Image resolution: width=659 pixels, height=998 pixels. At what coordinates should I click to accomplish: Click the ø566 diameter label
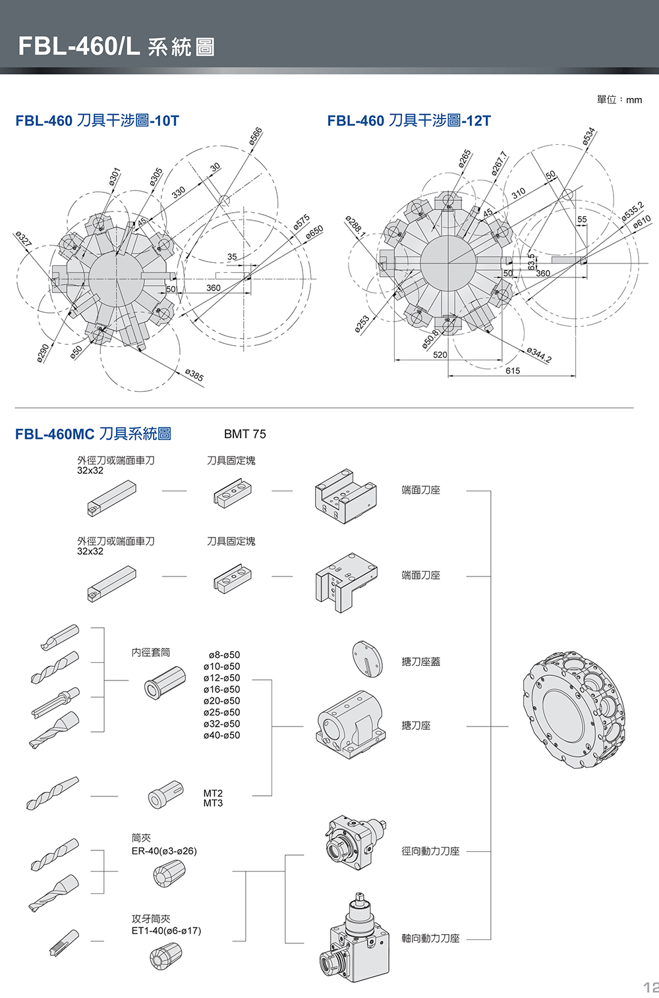coord(256,136)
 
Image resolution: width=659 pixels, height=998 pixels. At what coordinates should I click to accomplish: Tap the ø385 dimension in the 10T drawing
coord(194,375)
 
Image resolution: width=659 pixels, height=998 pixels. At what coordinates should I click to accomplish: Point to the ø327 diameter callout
coord(24,239)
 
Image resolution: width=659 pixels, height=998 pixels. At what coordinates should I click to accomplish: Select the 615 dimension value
coord(513,371)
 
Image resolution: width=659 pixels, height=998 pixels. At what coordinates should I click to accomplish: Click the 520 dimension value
coord(440,355)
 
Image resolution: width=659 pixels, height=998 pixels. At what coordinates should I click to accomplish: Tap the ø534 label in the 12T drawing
coord(589,136)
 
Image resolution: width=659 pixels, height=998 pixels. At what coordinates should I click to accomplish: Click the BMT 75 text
coord(245,434)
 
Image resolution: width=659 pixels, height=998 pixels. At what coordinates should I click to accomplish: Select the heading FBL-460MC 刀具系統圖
coord(93,434)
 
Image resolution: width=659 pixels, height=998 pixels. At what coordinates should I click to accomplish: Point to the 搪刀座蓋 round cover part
coord(367,659)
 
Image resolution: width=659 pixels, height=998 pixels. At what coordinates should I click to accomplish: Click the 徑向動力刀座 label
coord(430,851)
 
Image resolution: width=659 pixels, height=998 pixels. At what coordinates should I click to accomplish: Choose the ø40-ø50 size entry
coord(222,735)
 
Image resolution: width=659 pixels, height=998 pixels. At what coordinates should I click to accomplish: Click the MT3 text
coord(213,804)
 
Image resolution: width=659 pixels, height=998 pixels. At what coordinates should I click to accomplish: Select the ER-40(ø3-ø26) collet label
coord(164,851)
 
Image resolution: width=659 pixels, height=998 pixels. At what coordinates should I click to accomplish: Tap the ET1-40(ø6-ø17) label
coord(166,931)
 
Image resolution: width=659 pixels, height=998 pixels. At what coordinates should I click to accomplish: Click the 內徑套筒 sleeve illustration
coord(165,682)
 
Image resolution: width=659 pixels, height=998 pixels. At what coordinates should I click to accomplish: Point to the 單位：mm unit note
coord(619,99)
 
